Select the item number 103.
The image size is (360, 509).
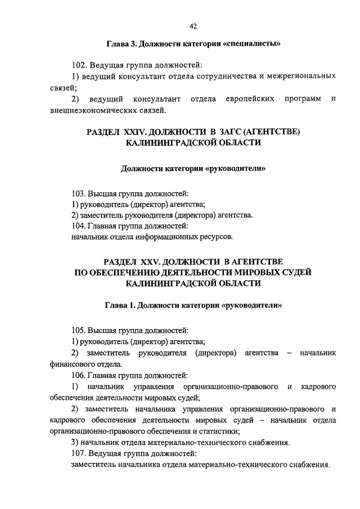point(80,193)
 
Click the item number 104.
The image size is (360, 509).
point(80,226)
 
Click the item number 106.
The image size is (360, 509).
point(80,375)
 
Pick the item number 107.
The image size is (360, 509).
point(80,453)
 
